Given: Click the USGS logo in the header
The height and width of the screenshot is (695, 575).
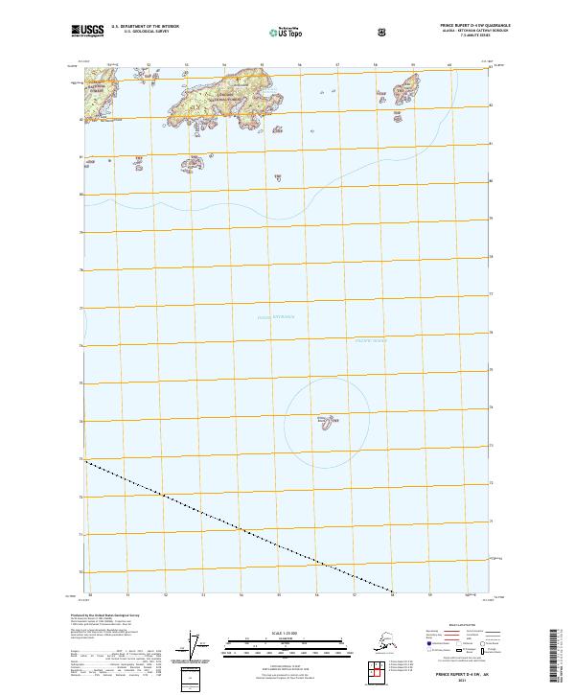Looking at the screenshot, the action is [88, 31].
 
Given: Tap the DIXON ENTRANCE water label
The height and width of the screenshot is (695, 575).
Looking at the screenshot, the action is [276, 317].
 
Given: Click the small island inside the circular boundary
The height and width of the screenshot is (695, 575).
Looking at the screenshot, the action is [326, 421].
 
